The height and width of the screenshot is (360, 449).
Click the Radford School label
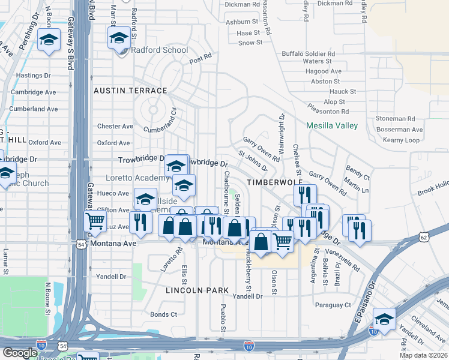[x=159, y=50]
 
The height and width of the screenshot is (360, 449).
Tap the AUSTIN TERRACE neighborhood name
[x=130, y=91]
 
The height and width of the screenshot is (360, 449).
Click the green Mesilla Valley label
[x=332, y=126]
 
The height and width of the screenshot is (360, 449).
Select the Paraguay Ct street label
[x=336, y=305]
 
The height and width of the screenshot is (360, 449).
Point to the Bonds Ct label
[x=163, y=314]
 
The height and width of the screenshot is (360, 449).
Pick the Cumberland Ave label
[x=34, y=109]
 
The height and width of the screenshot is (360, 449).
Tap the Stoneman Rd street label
[x=394, y=119]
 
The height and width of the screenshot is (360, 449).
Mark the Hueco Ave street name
[x=113, y=194]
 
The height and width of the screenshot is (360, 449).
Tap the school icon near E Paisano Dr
[x=384, y=319]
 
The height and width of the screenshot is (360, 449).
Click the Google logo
[x=20, y=353]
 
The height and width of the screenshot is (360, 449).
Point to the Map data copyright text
[x=423, y=355]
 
